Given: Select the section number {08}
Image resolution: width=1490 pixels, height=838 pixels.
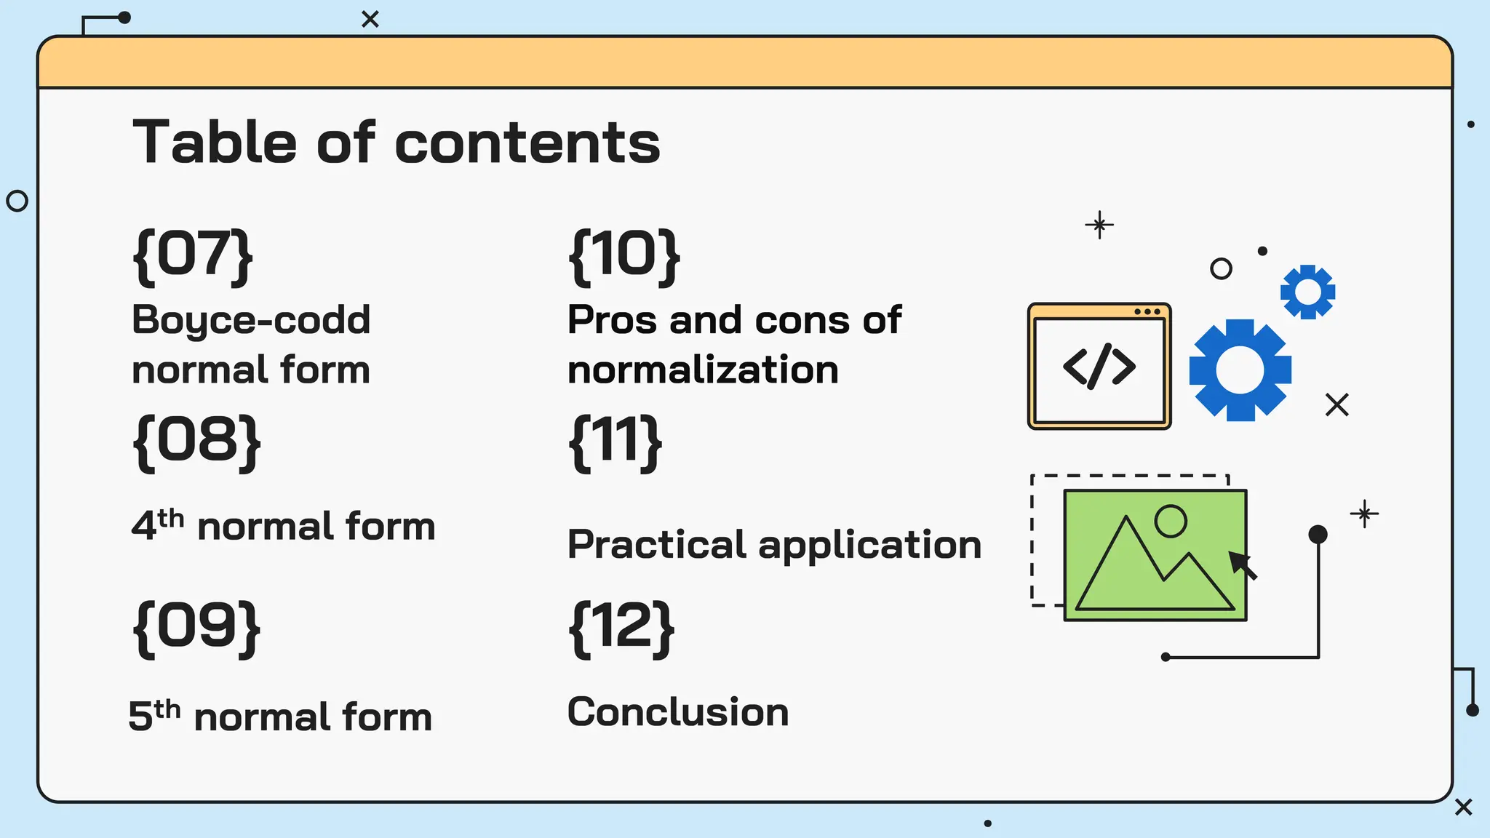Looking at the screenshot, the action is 196,442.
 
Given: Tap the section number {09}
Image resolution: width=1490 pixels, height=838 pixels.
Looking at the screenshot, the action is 196,628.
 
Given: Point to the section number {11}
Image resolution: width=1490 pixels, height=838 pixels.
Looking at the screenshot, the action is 615,442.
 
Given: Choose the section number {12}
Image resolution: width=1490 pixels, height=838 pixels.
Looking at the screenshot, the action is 621,628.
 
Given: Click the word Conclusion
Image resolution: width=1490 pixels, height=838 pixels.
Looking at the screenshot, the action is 678,711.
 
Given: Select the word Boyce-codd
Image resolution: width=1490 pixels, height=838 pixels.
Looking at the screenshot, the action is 251,321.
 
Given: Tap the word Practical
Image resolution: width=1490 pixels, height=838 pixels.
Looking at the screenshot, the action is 657,544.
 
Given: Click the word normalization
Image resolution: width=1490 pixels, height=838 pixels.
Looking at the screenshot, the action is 703,370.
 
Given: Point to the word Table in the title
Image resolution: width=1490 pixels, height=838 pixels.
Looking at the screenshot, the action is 215,142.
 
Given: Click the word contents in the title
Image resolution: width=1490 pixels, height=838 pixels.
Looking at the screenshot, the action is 527,143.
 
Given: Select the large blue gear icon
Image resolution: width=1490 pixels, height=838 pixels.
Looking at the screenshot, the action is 1240,370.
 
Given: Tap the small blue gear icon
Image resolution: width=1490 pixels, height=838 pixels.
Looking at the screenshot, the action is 1307,292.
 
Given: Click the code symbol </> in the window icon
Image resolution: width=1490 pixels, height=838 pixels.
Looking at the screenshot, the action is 1099,366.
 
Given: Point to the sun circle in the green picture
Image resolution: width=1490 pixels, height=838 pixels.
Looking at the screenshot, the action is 1171,521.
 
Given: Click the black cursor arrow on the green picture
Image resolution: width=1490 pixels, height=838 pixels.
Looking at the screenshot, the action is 1242,564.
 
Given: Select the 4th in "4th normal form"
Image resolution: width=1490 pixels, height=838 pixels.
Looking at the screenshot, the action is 157,524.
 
